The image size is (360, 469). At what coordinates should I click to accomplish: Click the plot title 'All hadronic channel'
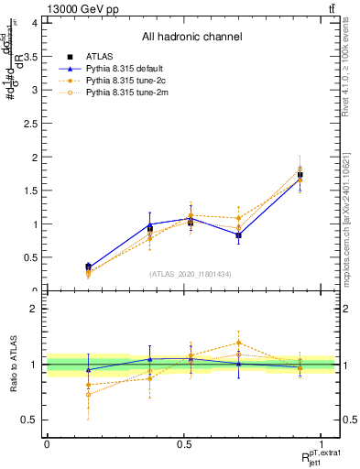coord(191,38)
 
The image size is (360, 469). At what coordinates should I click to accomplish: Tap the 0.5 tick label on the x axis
coord(183,444)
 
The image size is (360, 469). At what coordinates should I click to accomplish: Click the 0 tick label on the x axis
coord(47,444)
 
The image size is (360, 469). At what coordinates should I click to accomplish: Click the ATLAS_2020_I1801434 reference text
coord(191,274)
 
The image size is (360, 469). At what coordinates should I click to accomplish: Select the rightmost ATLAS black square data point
coord(300,174)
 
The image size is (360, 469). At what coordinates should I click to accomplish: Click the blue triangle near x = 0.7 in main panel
coord(238,235)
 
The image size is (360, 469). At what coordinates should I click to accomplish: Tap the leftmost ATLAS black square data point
coord(88,267)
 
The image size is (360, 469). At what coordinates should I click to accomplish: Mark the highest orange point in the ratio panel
coord(238,343)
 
